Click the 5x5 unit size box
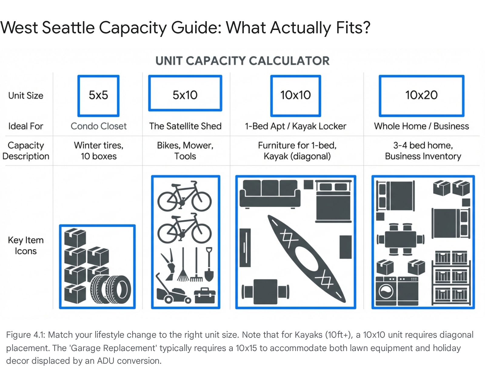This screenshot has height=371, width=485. coord(99,76)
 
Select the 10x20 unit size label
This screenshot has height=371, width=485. coord(421,95)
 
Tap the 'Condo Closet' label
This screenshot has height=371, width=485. coord(99,126)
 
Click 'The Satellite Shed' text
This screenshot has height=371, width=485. coord(185,126)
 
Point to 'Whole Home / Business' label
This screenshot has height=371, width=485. coord(421,126)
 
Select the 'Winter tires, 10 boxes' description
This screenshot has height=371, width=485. coord(99,151)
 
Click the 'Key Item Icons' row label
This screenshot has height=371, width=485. coord(26,245)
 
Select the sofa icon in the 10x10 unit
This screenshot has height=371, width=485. coord(270,194)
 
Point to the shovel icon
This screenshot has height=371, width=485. coord(209,264)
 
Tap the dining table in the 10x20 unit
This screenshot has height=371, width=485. coord(400,240)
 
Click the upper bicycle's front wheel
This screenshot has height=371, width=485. coord(201,201)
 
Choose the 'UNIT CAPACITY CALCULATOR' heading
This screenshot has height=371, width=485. coord(242,61)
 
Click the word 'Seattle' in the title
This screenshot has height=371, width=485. coord(68,28)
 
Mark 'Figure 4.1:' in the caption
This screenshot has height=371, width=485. coord(26,335)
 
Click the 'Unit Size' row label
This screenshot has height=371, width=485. coord(26,96)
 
